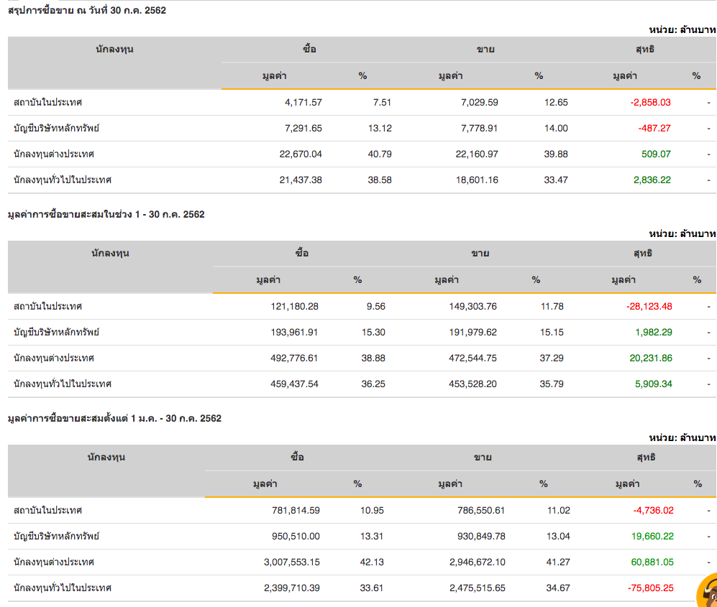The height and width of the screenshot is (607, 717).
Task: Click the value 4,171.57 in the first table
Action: pyautogui.click(x=303, y=102)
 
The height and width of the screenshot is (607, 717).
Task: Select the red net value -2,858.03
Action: pyautogui.click(x=650, y=102)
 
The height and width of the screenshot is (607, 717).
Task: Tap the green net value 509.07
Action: pyautogui.click(x=656, y=154)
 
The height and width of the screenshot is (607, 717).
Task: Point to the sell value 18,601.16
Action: pyautogui.click(x=472, y=180)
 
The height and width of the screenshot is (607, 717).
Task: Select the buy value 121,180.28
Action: pyautogui.click(x=291, y=306)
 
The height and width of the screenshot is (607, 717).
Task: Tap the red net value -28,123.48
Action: pyautogui.click(x=649, y=306)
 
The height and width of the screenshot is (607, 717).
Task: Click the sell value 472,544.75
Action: pyautogui.click(x=470, y=358)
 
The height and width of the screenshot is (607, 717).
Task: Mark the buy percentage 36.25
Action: pyautogui.click(x=373, y=384)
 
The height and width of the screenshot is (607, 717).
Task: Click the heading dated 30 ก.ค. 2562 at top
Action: pyautogui.click(x=86, y=10)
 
